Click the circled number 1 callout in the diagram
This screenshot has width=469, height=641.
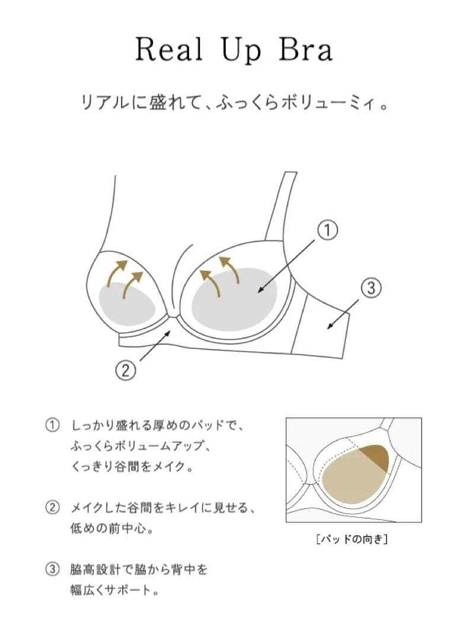(x=327, y=230)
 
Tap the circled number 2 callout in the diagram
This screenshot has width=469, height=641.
(x=126, y=370)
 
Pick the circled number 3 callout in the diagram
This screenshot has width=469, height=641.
(x=369, y=289)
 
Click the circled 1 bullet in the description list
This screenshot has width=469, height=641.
(x=53, y=426)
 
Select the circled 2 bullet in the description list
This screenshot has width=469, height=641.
(x=53, y=508)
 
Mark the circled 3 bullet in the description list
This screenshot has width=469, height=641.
(x=53, y=570)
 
